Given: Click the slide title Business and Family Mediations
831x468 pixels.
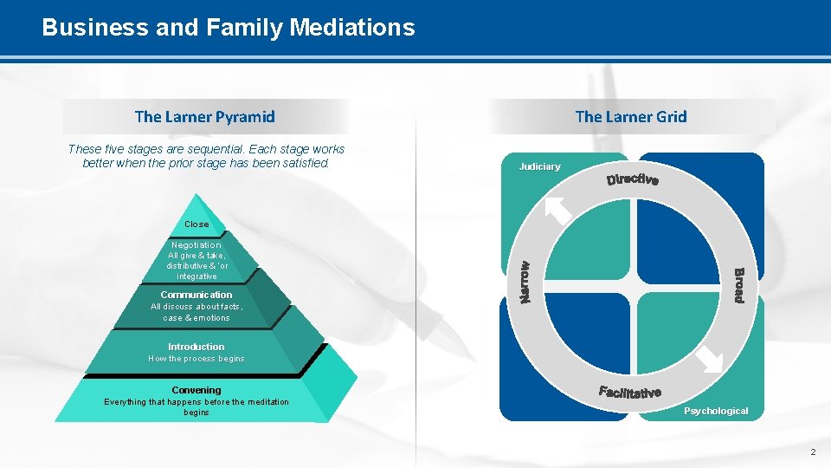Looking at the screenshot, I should [x=229, y=28].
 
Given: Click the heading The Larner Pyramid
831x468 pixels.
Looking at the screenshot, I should [x=205, y=116].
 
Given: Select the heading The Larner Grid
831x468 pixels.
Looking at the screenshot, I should [x=631, y=116].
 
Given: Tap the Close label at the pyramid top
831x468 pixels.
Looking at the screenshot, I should [x=196, y=224].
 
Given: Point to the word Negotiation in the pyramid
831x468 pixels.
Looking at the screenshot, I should [x=196, y=245].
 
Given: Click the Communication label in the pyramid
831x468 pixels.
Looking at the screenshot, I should [x=196, y=295].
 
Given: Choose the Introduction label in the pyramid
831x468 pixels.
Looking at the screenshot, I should [x=196, y=347].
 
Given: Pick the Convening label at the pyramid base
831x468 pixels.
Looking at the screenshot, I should [x=196, y=390].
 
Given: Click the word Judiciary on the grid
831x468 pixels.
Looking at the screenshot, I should [x=539, y=166].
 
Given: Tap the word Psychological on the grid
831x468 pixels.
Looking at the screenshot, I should [x=716, y=411].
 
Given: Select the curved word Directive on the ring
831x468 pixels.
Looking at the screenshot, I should [x=633, y=179].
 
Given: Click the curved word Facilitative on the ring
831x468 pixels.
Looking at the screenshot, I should [x=630, y=393].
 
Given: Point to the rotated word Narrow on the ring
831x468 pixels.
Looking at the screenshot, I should [x=525, y=283].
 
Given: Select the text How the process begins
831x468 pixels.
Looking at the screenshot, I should [x=196, y=359].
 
